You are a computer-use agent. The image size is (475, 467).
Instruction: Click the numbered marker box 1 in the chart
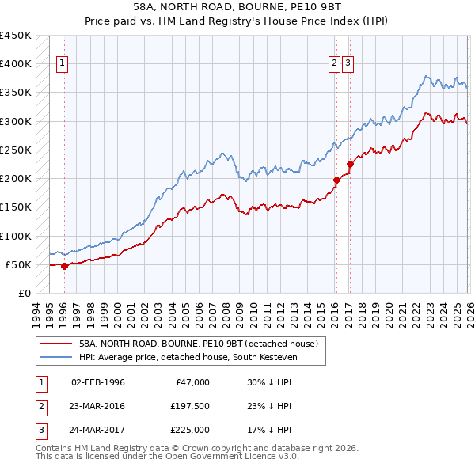click(x=62, y=65)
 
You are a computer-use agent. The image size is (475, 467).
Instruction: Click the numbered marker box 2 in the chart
click(x=335, y=65)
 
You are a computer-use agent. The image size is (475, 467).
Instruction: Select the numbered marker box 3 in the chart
click(x=348, y=65)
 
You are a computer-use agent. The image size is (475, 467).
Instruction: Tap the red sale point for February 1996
click(x=64, y=266)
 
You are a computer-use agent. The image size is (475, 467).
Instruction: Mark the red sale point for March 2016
click(x=336, y=180)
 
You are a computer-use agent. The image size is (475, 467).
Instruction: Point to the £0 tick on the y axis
click(x=25, y=294)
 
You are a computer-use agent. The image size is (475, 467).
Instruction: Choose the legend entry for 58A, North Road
click(x=198, y=344)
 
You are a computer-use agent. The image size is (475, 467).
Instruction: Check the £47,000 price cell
click(x=191, y=382)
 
